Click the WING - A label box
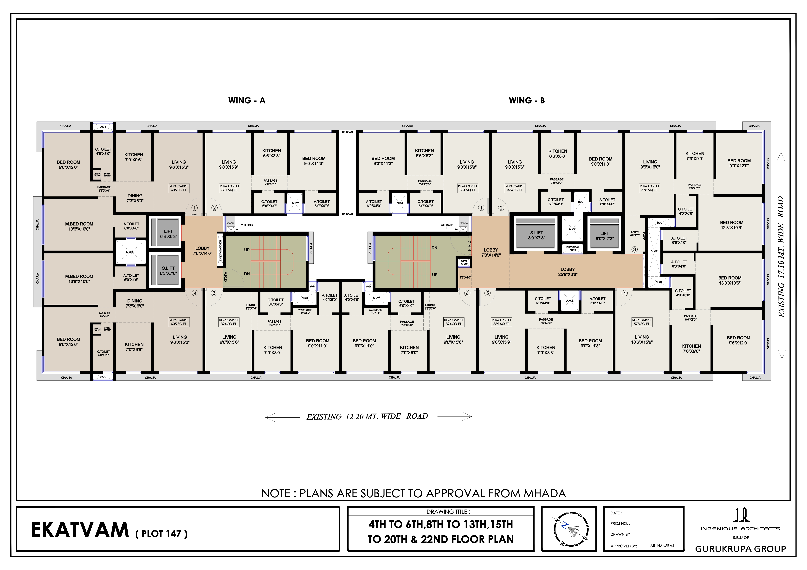(x=246, y=101)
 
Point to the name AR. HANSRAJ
(x=662, y=546)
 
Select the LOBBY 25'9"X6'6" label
(x=568, y=272)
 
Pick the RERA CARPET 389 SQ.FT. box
(x=501, y=322)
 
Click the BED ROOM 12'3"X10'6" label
(x=731, y=225)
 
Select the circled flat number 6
(x=467, y=293)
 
